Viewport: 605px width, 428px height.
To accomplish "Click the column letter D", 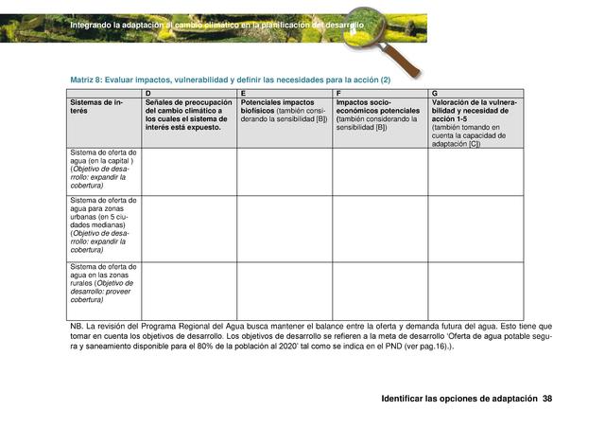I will tap(147, 93).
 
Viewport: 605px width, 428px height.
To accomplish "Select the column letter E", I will tap(243, 93).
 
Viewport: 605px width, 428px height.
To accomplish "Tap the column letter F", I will tap(338, 93).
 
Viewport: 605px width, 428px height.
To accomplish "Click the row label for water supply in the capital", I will tap(103, 170).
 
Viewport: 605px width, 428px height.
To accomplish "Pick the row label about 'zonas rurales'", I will tap(103, 288).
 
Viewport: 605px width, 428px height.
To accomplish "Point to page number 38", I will tap(546, 399).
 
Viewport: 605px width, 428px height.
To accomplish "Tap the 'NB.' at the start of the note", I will tap(77, 327).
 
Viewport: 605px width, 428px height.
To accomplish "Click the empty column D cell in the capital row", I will tap(189, 170).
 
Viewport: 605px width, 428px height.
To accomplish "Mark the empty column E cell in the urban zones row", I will tap(285, 227).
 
